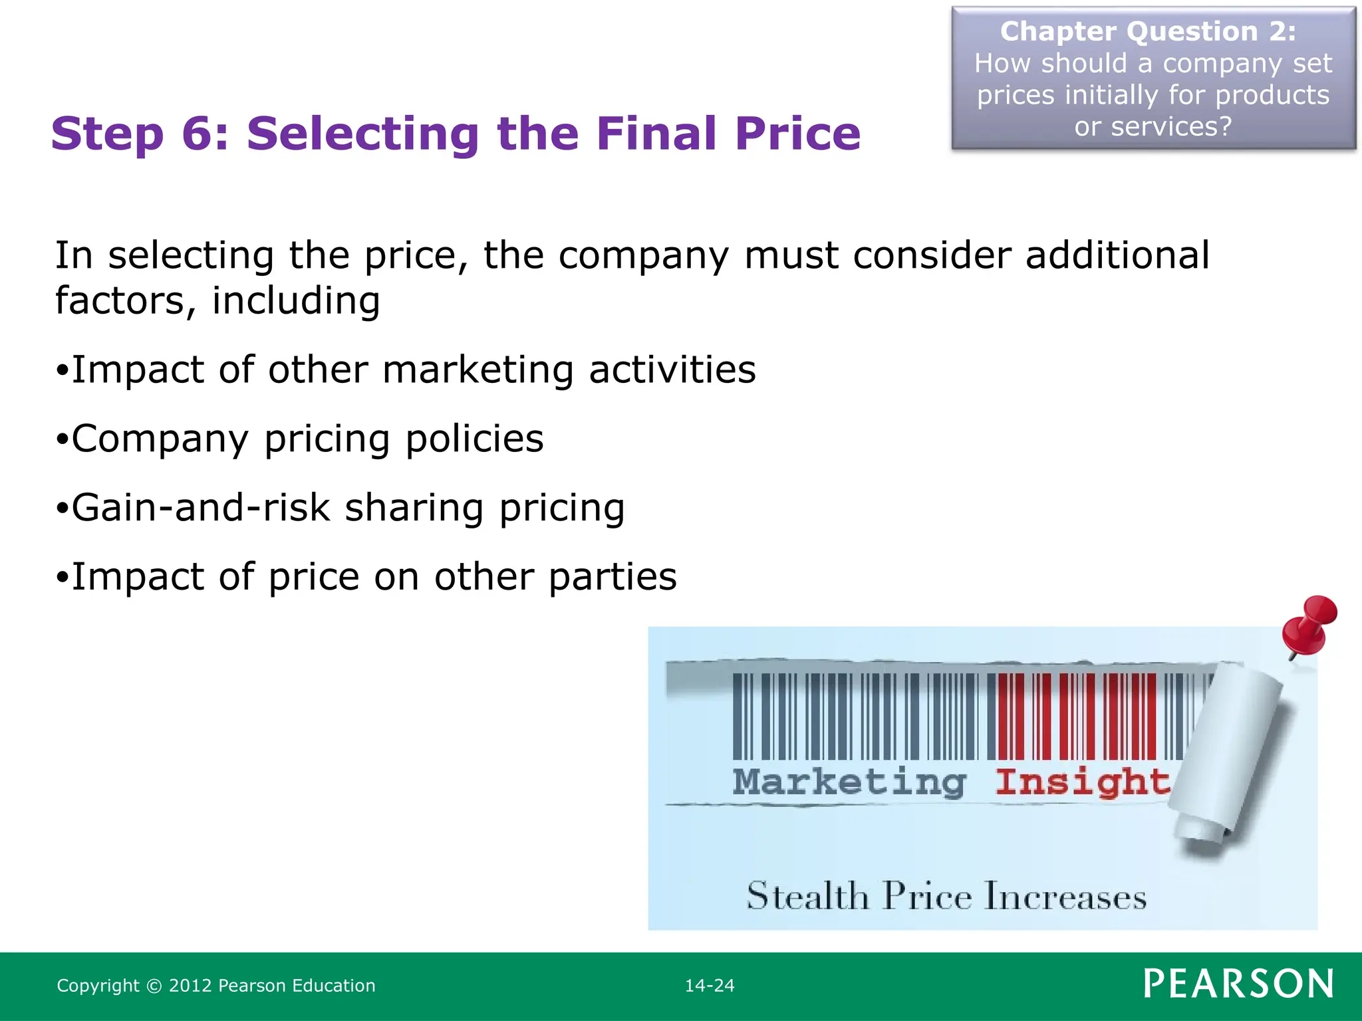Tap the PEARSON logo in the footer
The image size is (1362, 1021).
point(1238,984)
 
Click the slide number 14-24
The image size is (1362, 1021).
point(710,985)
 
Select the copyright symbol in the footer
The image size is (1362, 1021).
point(154,986)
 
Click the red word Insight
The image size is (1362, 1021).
point(1082,782)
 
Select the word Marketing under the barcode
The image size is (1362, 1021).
point(849,782)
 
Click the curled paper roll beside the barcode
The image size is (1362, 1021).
point(1230,751)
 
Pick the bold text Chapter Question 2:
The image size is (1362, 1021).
point(1148,31)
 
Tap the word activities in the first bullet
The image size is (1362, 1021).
point(672,370)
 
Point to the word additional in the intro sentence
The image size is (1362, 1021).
point(1117,255)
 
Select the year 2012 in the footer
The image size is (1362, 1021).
point(190,986)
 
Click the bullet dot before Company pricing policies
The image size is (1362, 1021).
point(63,440)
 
